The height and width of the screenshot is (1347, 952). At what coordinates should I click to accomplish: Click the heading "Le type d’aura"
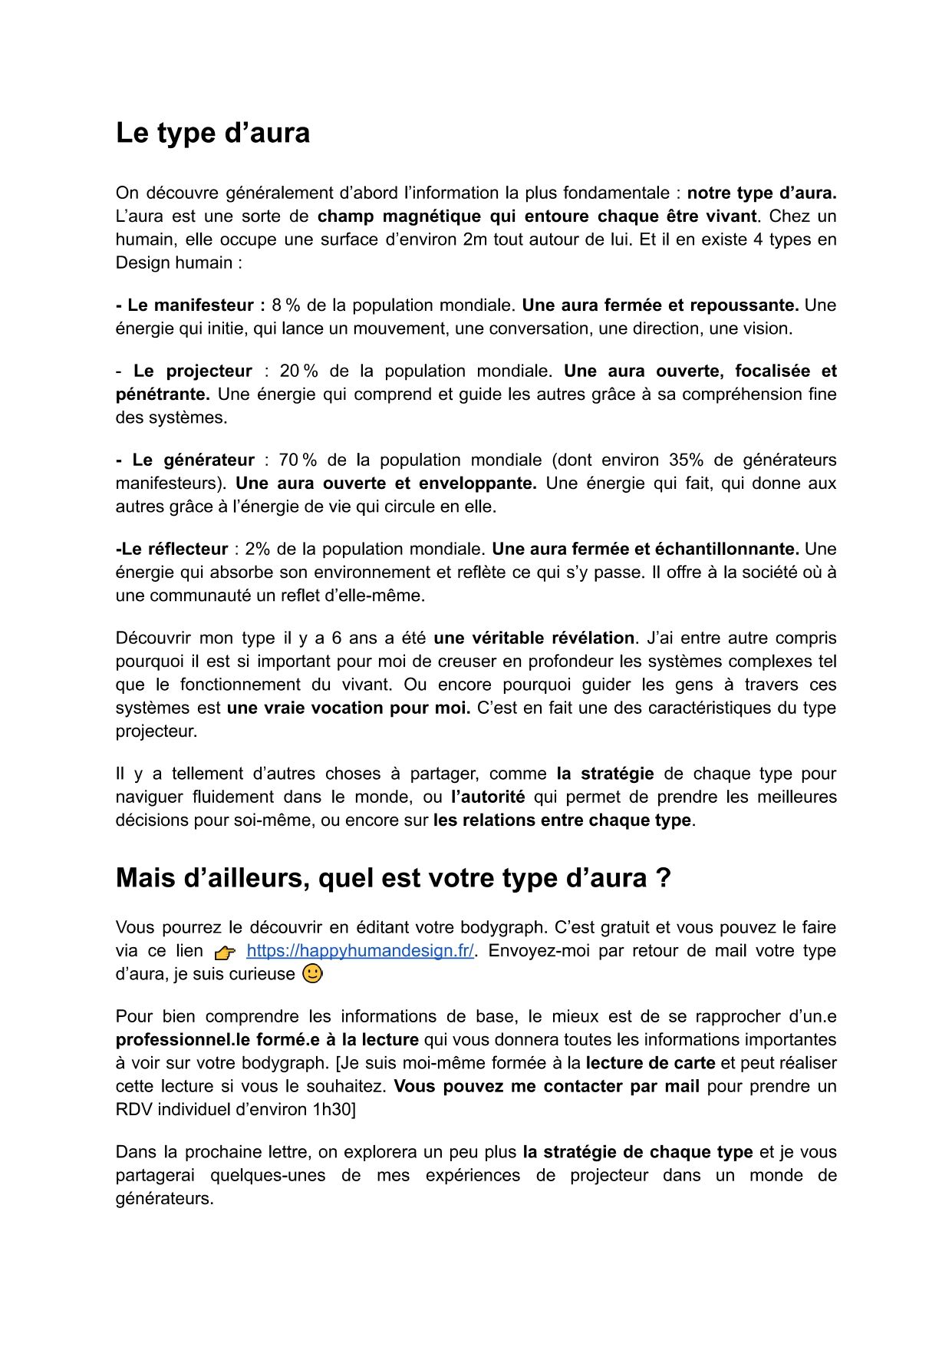pos(212,134)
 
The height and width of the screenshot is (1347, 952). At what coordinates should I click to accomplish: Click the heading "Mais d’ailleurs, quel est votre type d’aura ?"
pos(393,878)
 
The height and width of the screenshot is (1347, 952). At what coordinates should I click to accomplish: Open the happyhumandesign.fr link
pos(360,951)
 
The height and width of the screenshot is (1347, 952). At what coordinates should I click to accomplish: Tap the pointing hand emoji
pos(225,952)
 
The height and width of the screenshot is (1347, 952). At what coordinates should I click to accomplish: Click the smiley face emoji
pos(313,974)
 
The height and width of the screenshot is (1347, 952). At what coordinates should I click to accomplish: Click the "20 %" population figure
pos(298,371)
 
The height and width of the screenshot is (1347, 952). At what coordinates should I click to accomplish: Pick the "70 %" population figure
pos(298,461)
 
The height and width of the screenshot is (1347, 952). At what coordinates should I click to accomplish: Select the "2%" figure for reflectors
pos(258,550)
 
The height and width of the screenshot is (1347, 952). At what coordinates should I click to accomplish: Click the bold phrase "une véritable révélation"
pos(534,639)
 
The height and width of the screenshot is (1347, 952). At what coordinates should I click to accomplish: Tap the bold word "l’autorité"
pos(488,797)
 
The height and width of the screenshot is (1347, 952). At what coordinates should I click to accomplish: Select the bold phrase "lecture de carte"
pos(651,1064)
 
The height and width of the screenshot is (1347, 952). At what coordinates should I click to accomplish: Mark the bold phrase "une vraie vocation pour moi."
pos(348,708)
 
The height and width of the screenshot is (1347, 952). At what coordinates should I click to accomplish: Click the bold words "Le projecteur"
pos(193,371)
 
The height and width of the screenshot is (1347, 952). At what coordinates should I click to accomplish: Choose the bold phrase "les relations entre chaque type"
pos(562,820)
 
